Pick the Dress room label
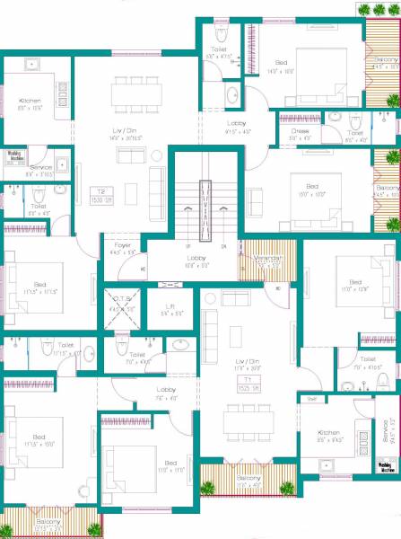coord(300,134)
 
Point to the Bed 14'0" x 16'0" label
coord(281,66)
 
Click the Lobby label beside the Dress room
coord(237,126)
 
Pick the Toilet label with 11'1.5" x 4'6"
coord(65,348)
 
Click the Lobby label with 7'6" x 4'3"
coord(165,393)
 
